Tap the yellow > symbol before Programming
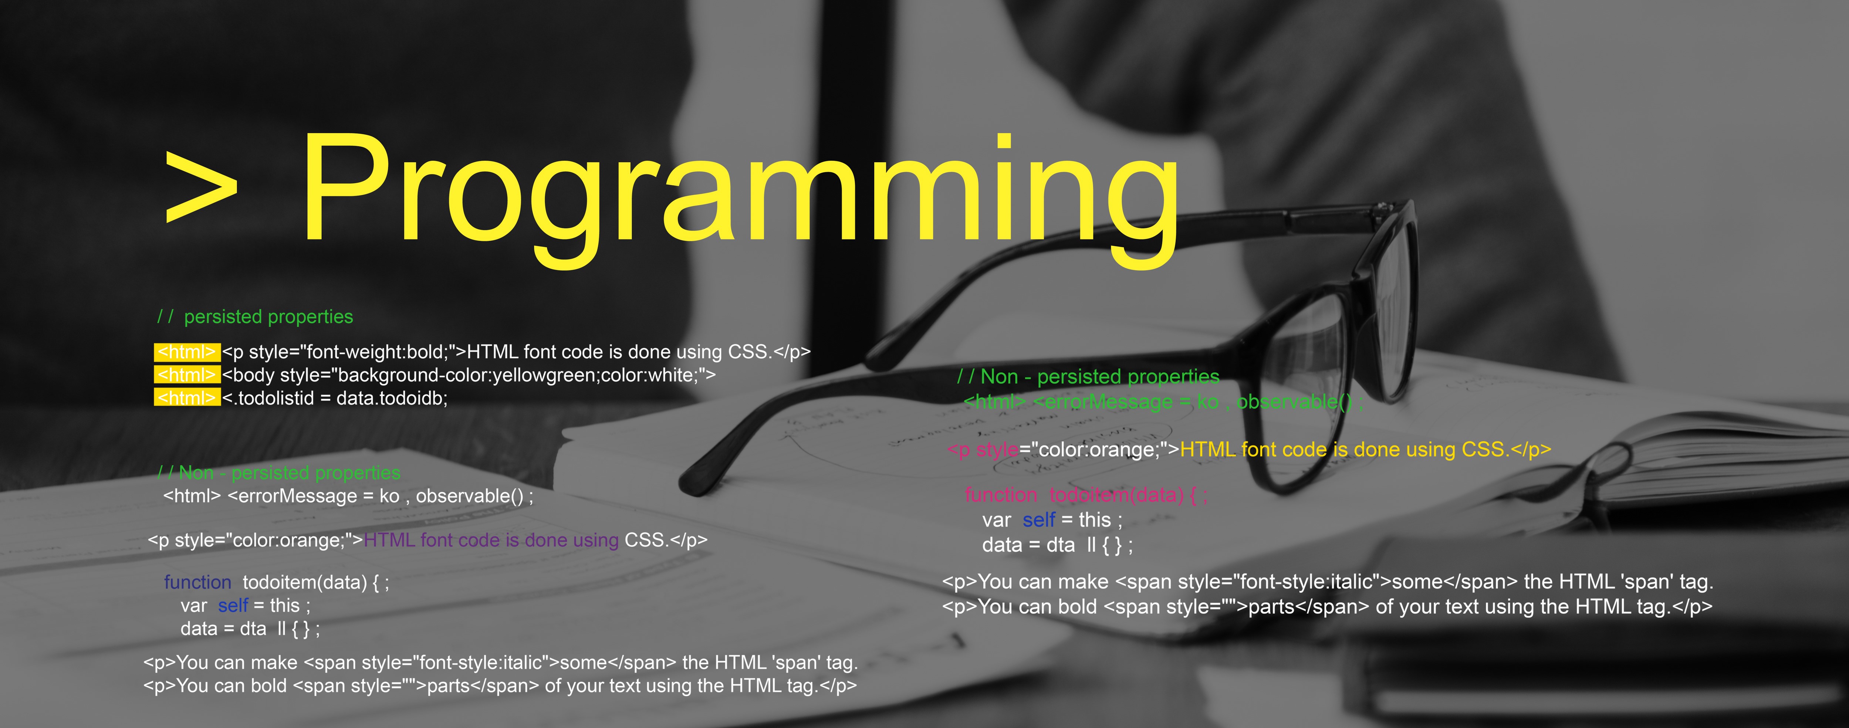click(201, 187)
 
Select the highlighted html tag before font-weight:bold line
click(187, 352)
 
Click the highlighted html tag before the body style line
click(187, 375)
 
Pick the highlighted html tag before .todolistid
click(187, 398)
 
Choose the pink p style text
click(983, 450)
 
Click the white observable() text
click(474, 496)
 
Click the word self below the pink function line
click(1039, 520)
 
